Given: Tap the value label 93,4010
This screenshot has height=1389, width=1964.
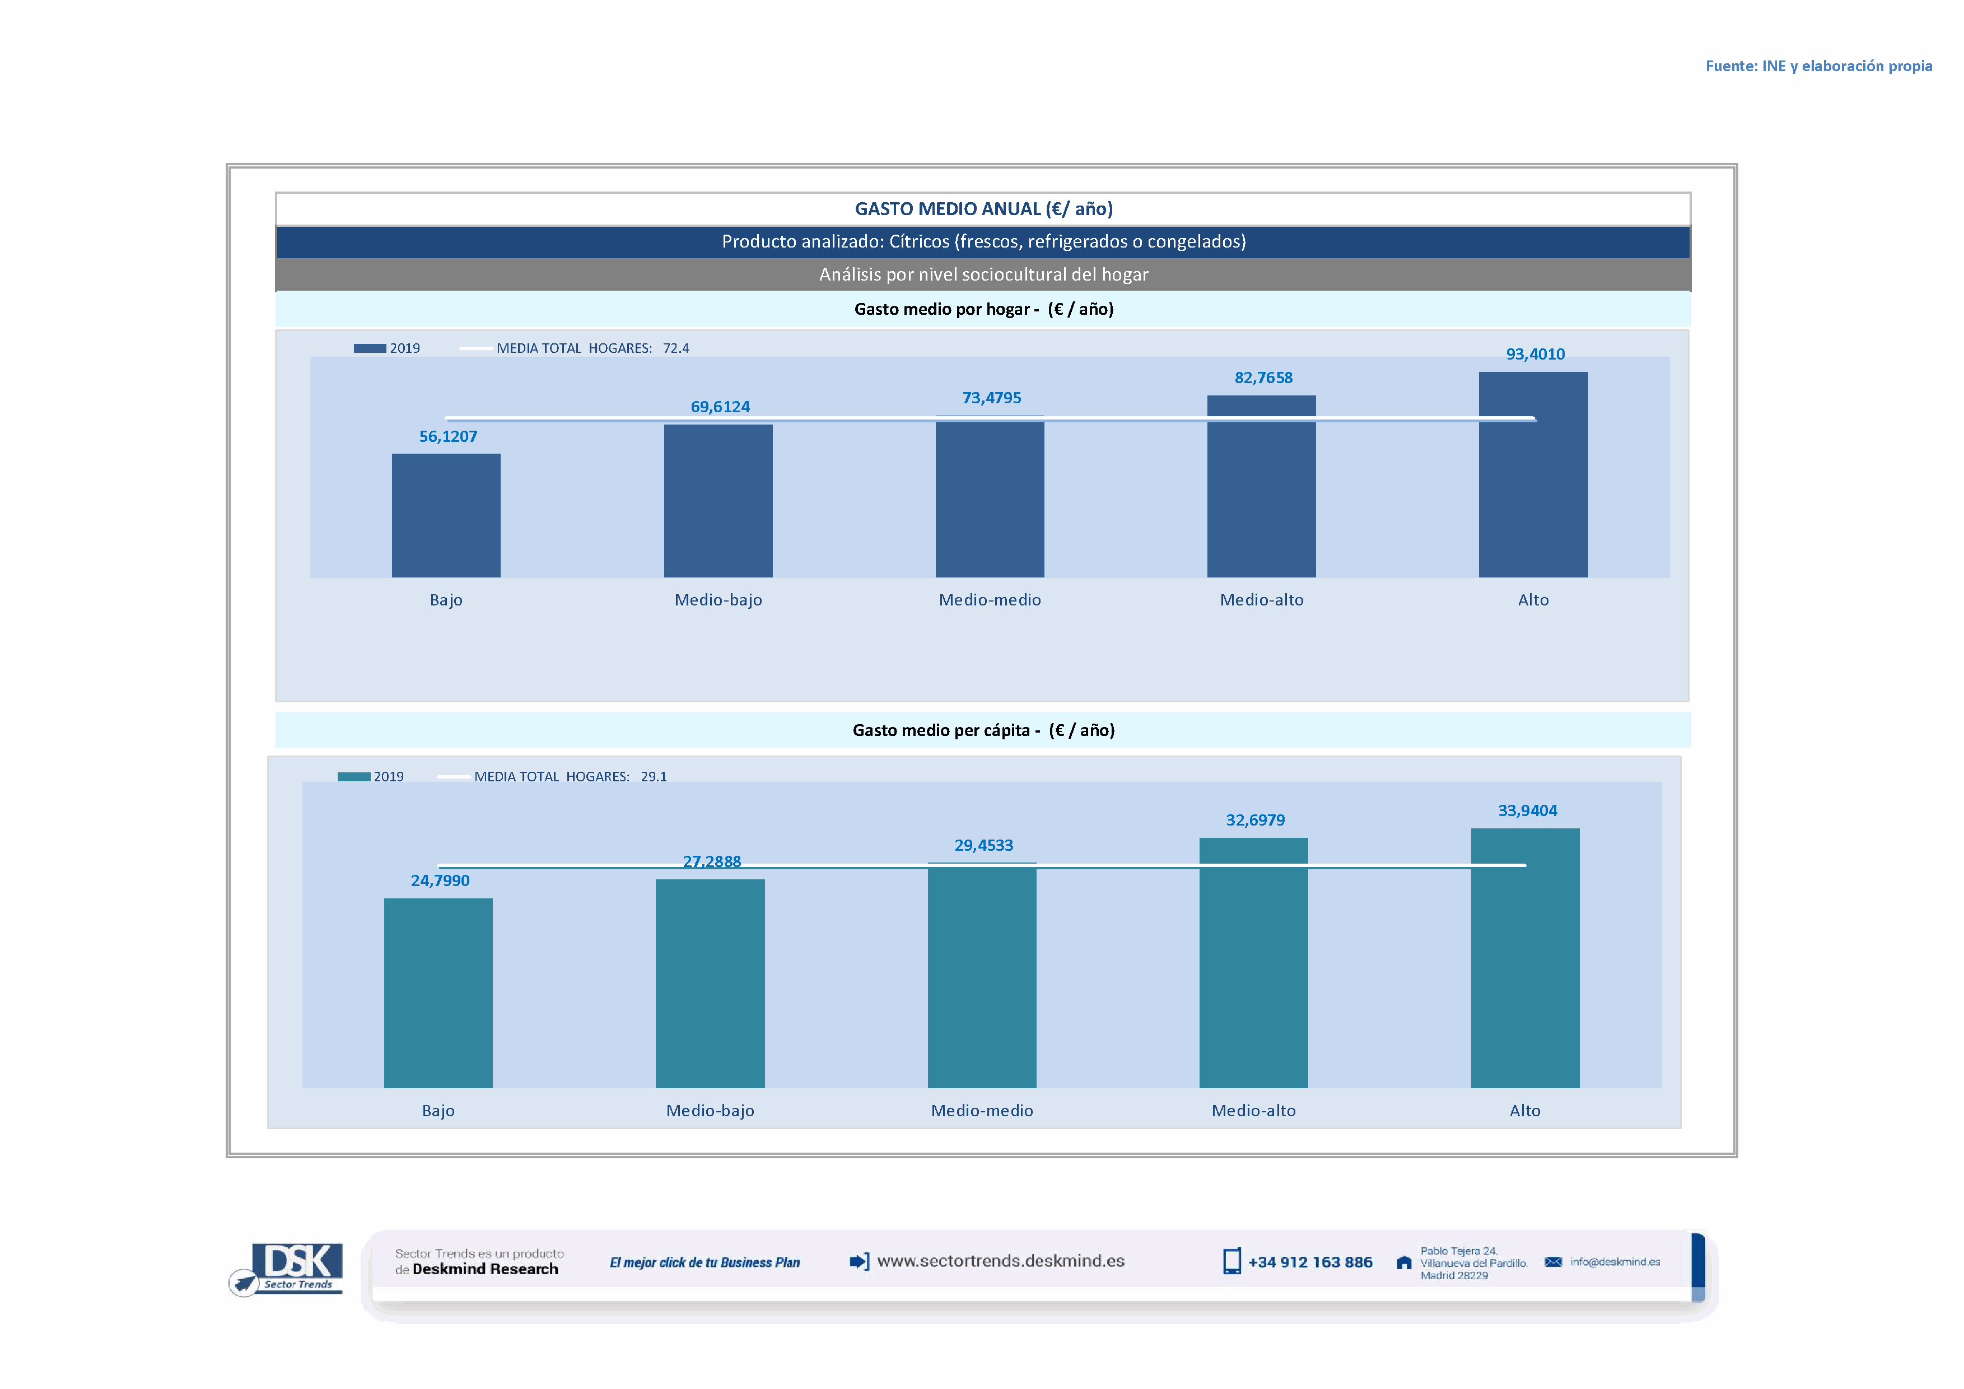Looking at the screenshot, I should (1534, 354).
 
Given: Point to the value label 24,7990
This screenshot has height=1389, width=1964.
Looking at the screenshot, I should (440, 880).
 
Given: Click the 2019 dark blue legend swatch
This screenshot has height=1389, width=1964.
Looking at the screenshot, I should (370, 348).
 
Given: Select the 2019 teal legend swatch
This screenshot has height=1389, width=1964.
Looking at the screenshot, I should (353, 777).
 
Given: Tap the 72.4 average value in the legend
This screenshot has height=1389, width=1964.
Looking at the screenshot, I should (676, 348).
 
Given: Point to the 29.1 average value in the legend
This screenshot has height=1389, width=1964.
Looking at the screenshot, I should (654, 777).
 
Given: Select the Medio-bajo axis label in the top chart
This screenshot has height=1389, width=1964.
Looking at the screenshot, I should (718, 599).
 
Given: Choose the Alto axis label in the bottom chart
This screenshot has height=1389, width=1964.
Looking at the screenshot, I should (1524, 1110).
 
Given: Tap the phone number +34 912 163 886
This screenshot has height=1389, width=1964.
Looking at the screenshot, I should (1310, 1262).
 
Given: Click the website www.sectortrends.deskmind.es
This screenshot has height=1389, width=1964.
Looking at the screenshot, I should (1000, 1261).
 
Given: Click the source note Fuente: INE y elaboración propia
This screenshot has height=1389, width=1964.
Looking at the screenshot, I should (1818, 66).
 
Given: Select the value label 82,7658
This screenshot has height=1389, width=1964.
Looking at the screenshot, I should (1262, 377).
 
